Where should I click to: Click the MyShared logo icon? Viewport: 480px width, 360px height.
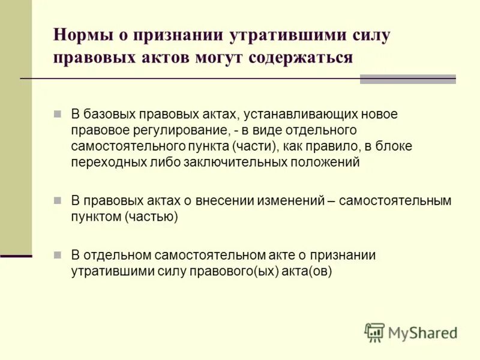coord(374,332)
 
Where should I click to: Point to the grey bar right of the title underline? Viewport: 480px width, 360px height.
coord(407,79)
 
